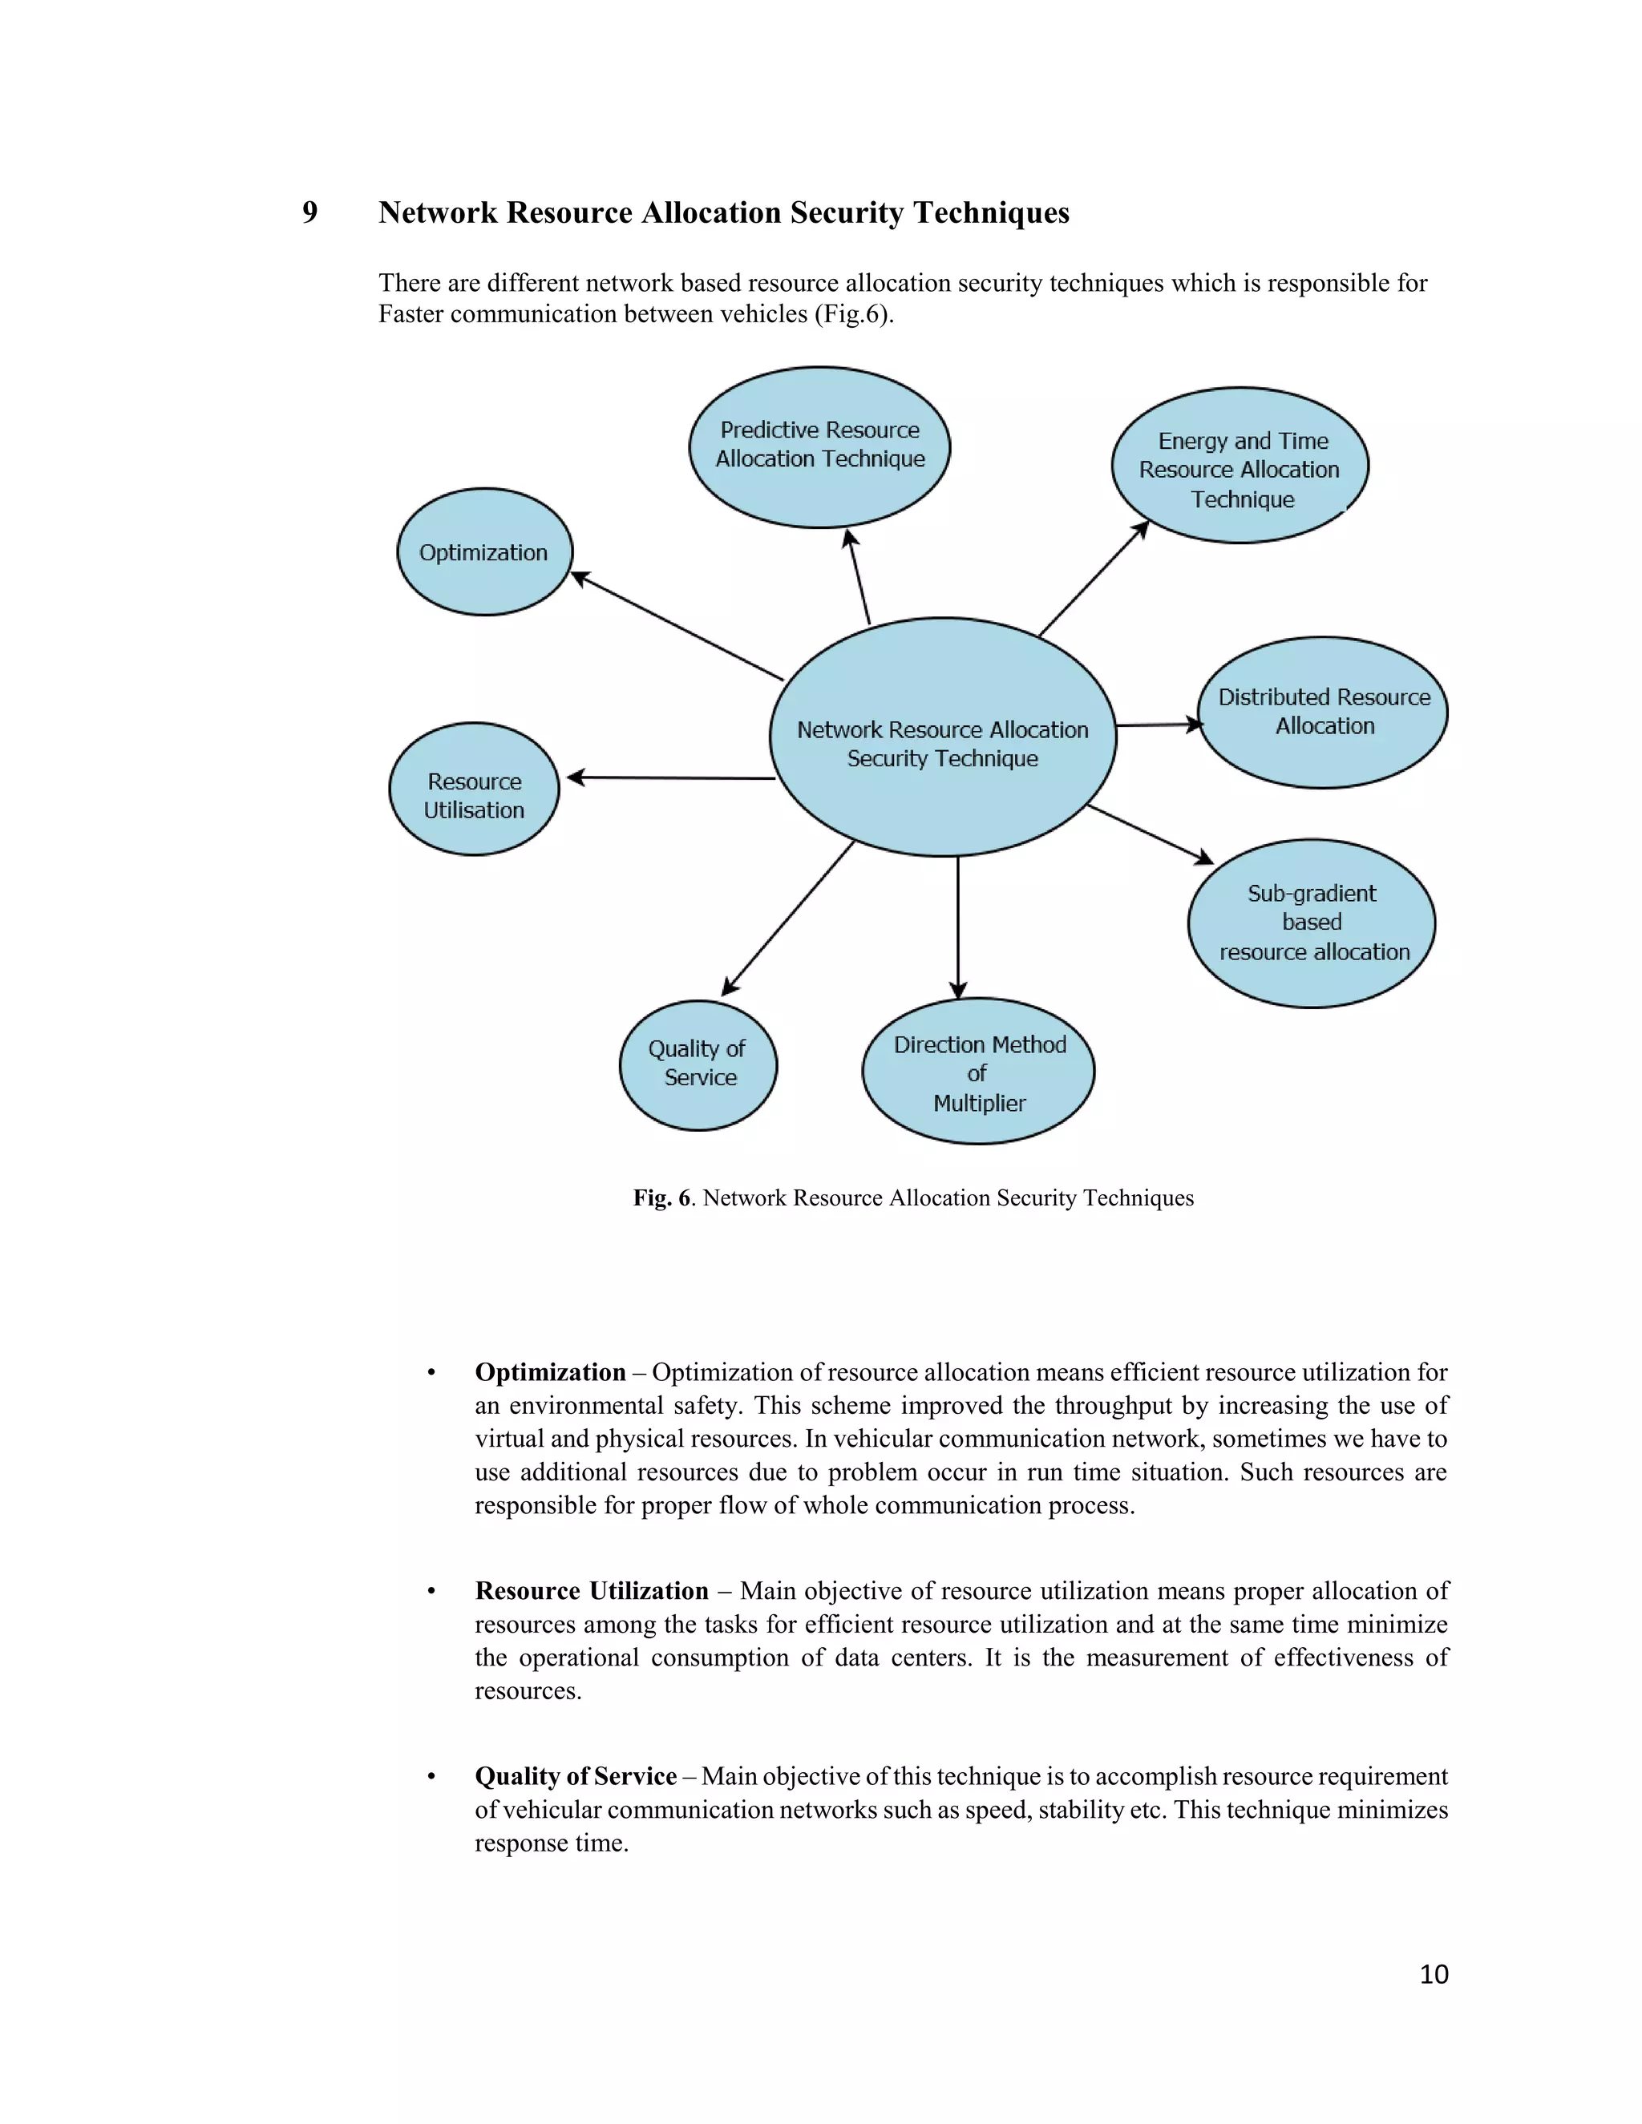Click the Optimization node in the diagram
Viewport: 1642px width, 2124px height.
484,551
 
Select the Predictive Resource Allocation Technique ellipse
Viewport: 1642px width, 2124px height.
819,446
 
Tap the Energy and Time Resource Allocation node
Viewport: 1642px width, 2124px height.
1240,466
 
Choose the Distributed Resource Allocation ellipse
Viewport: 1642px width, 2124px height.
1322,712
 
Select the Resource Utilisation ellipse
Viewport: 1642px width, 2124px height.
474,789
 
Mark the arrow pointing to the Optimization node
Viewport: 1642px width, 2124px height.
676,625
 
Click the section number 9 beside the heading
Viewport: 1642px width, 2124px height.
309,212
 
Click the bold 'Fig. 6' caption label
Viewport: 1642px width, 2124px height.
661,1197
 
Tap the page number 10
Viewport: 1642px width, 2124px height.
1434,1973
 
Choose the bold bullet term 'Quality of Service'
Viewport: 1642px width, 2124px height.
575,1776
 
